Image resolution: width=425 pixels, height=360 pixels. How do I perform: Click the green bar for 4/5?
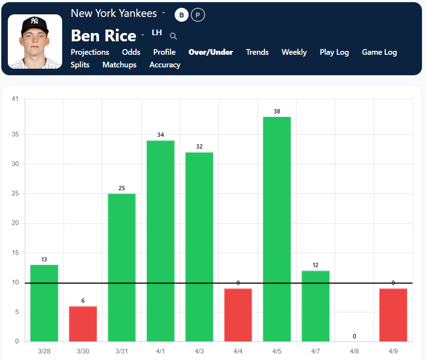point(277,229)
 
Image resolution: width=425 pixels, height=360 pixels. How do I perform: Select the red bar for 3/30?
point(83,324)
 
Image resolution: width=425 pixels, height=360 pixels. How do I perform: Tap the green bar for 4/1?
point(160,241)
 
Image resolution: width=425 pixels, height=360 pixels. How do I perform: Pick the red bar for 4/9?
point(393,315)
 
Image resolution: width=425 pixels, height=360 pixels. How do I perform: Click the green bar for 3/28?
point(44,303)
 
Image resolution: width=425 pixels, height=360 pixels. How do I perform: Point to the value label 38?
point(277,111)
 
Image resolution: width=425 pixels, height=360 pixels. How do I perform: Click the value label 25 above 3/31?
point(122,188)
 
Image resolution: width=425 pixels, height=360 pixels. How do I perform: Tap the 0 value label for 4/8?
point(355,336)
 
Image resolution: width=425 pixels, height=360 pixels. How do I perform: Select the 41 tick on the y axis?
point(15,99)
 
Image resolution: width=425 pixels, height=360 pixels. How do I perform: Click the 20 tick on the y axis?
point(15,223)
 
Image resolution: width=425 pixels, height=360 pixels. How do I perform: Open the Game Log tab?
point(379,52)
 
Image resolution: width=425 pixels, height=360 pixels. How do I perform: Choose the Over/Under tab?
point(211,52)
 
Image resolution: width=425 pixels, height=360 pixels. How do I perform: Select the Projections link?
point(90,52)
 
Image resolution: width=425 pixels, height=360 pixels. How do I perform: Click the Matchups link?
point(120,65)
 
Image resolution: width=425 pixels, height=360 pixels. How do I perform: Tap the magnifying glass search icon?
point(173,36)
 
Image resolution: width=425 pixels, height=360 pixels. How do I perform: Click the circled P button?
point(198,15)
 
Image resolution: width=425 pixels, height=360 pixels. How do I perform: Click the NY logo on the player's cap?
point(35,21)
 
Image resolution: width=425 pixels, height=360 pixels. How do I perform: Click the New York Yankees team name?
point(114,13)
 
